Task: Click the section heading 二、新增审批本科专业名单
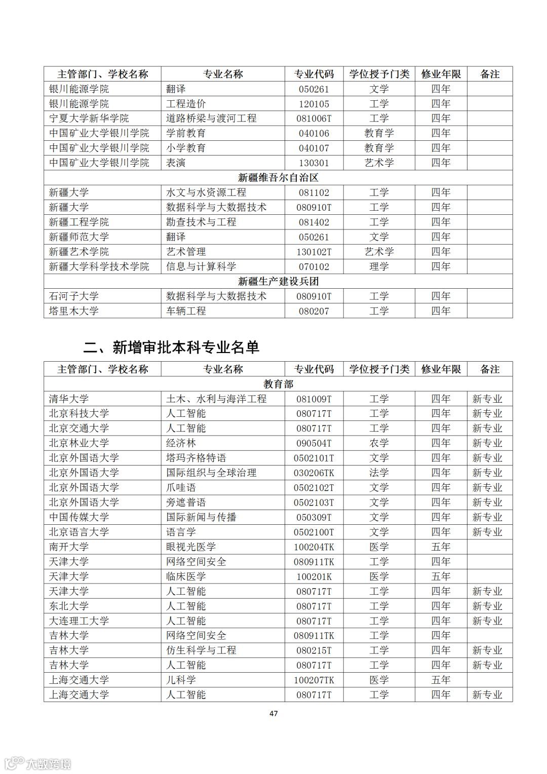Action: (172, 347)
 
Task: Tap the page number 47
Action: (273, 713)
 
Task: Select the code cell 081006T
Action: (314, 119)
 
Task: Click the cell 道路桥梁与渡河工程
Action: (211, 119)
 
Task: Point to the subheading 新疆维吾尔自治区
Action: (278, 178)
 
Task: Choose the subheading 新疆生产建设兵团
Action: (278, 282)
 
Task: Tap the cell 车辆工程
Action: (186, 311)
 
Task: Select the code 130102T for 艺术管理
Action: (314, 252)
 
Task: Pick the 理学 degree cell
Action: (379, 266)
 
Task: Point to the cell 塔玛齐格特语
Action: (196, 458)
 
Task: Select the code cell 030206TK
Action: (314, 473)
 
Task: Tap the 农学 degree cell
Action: (379, 443)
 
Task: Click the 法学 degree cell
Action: (379, 473)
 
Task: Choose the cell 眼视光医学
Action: (191, 547)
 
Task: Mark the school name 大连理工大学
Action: (79, 621)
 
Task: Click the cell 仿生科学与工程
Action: (201, 650)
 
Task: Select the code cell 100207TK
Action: (314, 680)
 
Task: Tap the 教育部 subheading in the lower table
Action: (278, 384)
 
